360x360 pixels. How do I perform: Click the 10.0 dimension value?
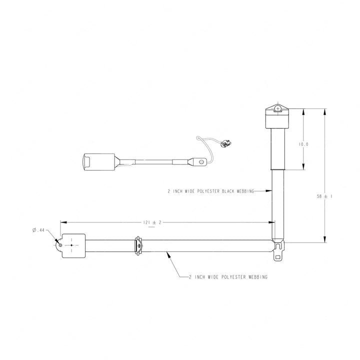pyautogui.click(x=303, y=144)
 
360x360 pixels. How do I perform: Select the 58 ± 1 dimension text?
pyautogui.click(x=324, y=196)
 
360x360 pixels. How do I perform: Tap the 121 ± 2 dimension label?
pyautogui.click(x=152, y=222)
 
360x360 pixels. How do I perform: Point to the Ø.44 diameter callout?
pyautogui.click(x=38, y=230)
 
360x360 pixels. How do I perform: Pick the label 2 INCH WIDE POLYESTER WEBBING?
pyautogui.click(x=228, y=277)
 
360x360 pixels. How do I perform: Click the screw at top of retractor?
pyautogui.click(x=278, y=108)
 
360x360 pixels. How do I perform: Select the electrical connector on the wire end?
pyautogui.click(x=225, y=143)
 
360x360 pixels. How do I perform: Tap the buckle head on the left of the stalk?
pyautogui.click(x=98, y=162)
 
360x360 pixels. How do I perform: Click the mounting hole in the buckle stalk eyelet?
pyautogui.click(x=202, y=161)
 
